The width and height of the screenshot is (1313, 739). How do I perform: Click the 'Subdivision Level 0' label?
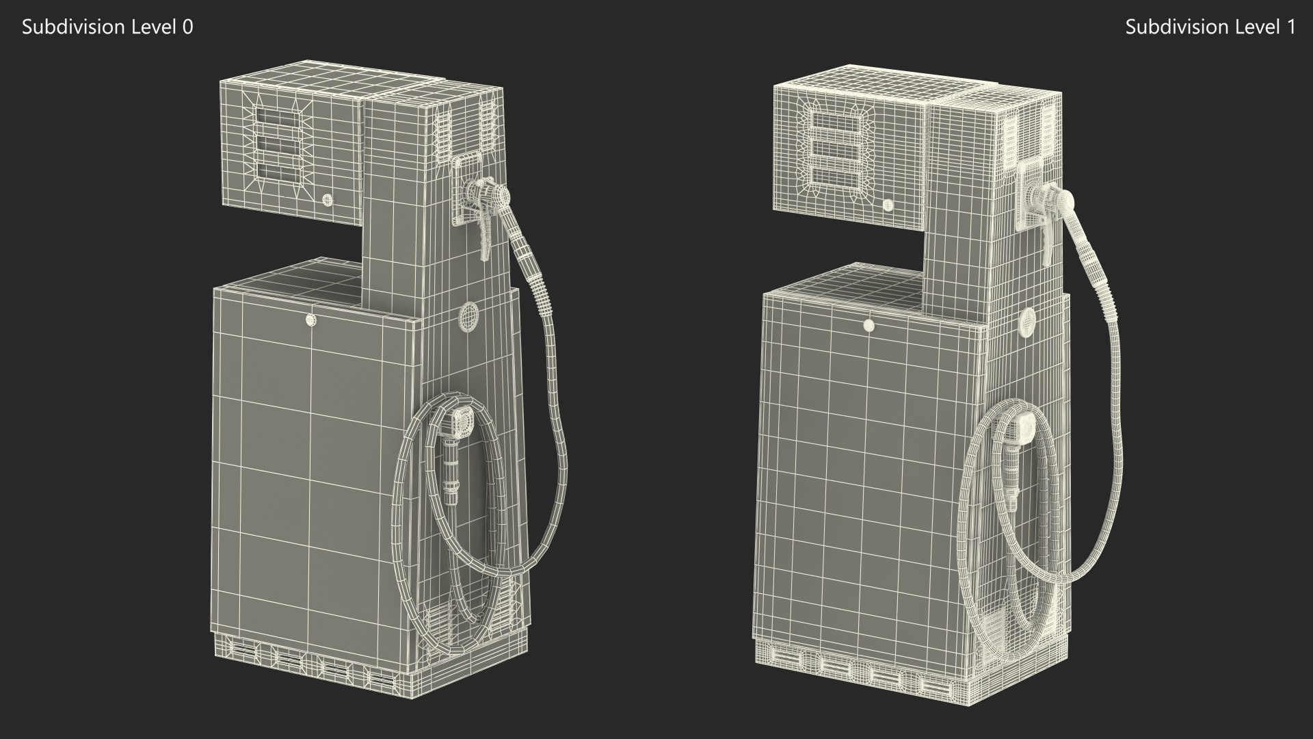coord(107,27)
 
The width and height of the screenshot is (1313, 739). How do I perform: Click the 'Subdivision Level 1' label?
coord(1210,27)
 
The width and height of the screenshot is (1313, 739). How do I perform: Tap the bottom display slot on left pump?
coord(278,172)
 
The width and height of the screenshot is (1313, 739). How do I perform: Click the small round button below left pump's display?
coord(327,200)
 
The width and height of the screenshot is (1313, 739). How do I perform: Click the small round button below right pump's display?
coord(888,205)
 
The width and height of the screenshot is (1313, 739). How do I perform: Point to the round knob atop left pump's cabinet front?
coord(311,319)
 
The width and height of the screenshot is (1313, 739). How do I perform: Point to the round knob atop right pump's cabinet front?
coord(869,325)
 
